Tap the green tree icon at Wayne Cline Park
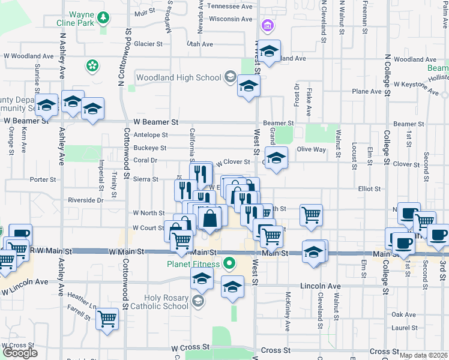[x=103, y=18]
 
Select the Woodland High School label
[x=179, y=77]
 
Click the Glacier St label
[x=148, y=44]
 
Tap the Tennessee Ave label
[x=230, y=7]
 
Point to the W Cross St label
[x=190, y=347]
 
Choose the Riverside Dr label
[x=85, y=200]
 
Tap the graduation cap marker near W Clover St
[x=276, y=158]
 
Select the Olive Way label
[x=312, y=149]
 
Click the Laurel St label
[x=403, y=328]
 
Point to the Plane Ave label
[x=367, y=91]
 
